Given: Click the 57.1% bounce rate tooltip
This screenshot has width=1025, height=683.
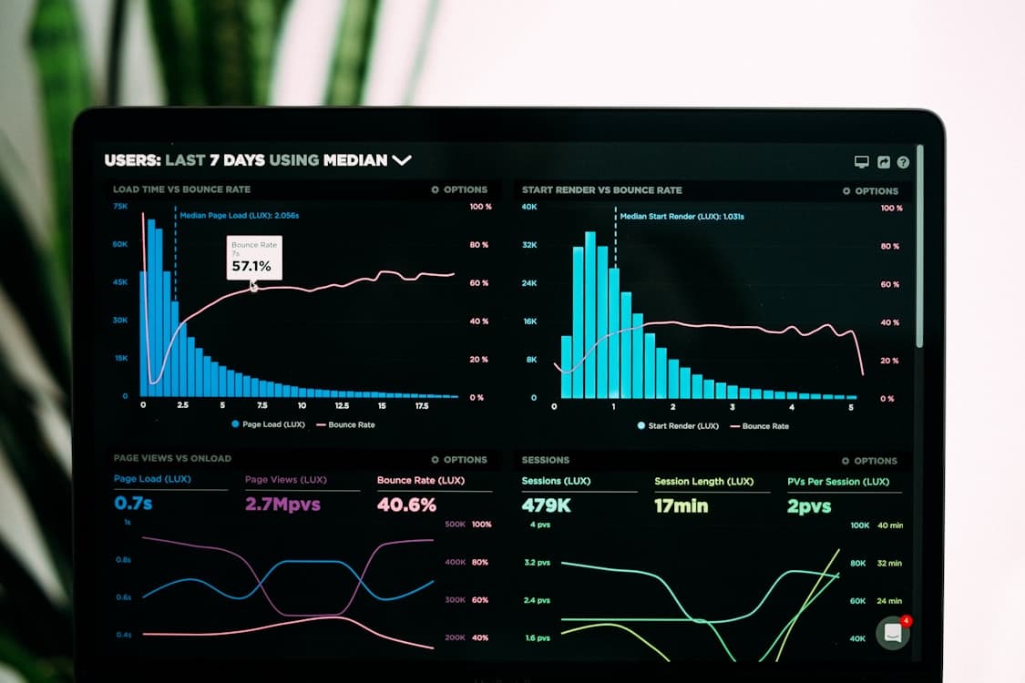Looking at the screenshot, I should (254, 258).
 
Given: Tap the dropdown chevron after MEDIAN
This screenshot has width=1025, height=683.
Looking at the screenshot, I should (402, 160).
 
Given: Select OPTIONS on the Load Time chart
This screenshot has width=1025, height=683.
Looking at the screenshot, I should (460, 189).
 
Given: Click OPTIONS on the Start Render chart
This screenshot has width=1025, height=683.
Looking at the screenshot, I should (871, 191).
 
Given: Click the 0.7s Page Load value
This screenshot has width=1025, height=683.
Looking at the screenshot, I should (134, 503).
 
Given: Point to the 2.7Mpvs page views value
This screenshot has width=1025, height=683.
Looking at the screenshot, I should (283, 504).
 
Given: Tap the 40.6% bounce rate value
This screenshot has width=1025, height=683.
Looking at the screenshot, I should (406, 504).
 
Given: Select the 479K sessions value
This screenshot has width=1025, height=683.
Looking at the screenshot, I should (546, 505).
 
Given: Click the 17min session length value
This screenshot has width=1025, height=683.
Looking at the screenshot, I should (681, 505).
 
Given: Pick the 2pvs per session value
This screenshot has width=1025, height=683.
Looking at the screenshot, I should (809, 506).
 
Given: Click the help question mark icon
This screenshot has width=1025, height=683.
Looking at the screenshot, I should (903, 162).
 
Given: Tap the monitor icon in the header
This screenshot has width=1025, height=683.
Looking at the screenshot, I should (861, 162).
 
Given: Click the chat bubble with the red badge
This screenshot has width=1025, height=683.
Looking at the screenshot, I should (893, 633).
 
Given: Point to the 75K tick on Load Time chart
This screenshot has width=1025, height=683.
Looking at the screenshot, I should (120, 207).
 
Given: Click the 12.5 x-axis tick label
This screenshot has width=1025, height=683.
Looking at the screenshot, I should (342, 405).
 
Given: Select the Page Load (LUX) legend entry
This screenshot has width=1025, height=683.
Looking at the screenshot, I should (268, 424).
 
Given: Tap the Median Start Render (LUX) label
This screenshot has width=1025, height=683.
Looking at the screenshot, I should (682, 217).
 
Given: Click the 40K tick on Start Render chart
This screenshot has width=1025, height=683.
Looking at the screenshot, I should (529, 208).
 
